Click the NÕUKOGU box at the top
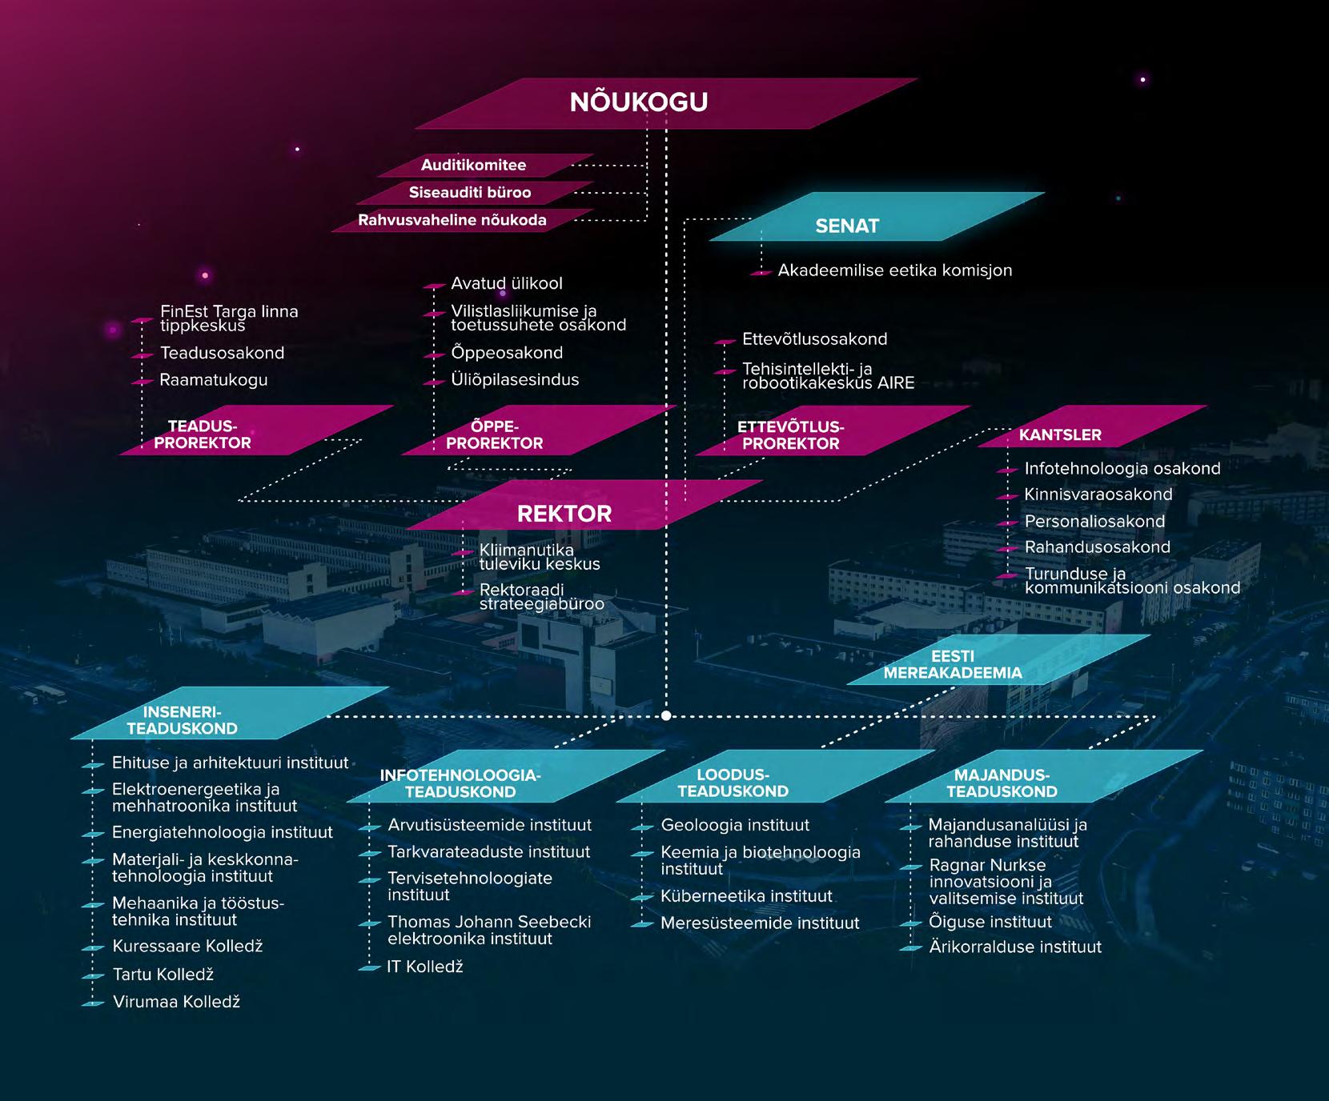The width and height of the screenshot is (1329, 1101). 639,102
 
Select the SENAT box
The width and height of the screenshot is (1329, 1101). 847,226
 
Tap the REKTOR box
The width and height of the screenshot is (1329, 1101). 564,514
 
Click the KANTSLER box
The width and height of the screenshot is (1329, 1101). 1060,434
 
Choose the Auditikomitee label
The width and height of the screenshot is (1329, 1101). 473,166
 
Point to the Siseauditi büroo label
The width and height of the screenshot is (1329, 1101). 470,193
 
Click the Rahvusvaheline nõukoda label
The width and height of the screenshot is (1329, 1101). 452,220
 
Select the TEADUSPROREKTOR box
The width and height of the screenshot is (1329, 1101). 203,434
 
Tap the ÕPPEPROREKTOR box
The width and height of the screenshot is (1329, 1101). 494,434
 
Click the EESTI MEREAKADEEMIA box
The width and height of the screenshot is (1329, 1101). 953,665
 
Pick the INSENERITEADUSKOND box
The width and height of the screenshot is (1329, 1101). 183,720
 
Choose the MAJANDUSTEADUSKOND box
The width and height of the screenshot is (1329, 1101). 1002,783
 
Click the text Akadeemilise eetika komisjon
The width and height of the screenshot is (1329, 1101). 894,270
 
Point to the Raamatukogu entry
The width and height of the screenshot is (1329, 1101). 214,380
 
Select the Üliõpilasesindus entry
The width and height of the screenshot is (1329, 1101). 515,380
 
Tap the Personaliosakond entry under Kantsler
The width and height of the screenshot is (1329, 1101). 1094,522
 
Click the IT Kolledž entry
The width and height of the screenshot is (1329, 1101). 425,967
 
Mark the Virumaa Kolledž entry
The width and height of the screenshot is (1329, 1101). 176,1002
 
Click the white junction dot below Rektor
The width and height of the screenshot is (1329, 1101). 666,716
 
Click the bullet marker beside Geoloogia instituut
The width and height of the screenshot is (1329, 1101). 643,827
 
